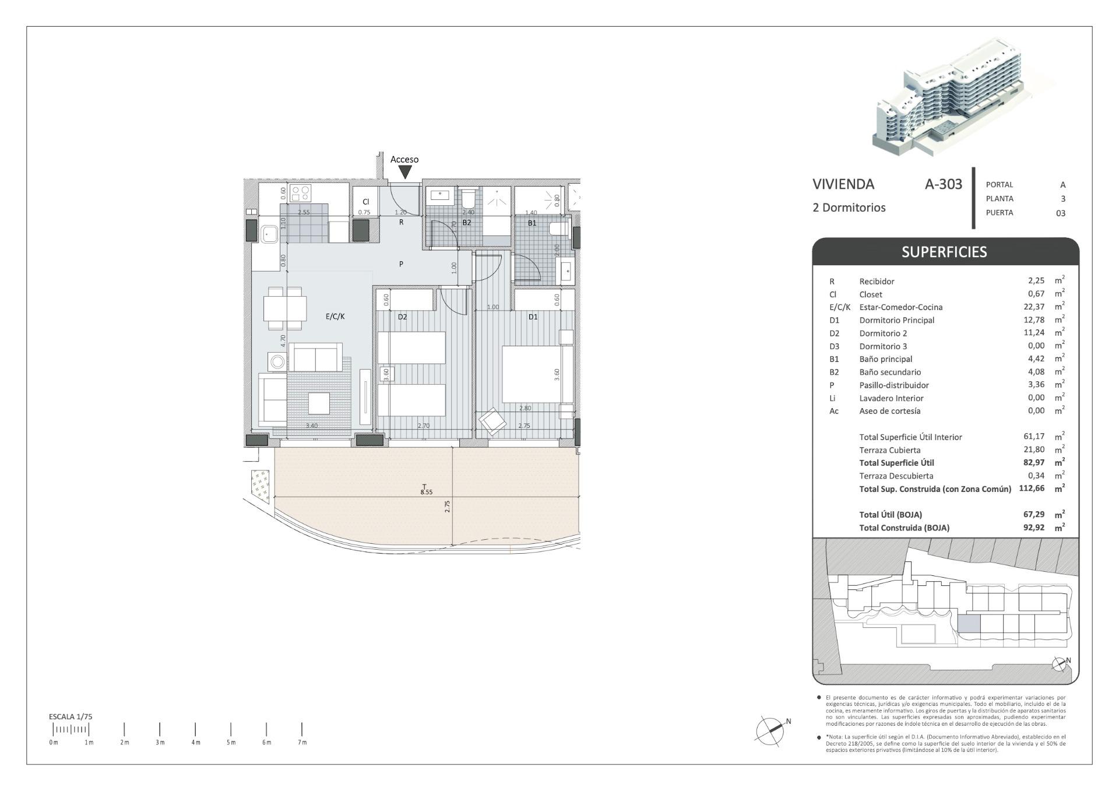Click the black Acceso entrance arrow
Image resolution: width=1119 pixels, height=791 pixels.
pos(405,172)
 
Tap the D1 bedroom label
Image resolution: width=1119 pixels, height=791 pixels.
pos(533,317)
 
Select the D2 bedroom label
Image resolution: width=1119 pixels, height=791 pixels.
pos(402,317)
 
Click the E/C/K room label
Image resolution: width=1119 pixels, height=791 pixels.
pos(335,317)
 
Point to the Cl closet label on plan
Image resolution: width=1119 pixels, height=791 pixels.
pos(365,202)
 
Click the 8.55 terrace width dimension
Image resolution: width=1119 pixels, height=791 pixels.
pos(427,492)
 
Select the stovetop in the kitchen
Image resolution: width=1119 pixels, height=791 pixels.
pos(302,193)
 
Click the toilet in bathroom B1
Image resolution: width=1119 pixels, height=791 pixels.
pos(558,228)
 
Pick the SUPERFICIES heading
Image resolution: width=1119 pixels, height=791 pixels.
pos(944,252)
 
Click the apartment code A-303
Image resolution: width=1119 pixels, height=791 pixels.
pos(944,184)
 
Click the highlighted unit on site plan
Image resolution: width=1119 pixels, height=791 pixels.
pos(969,624)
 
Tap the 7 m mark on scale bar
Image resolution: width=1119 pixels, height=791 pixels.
pos(302,730)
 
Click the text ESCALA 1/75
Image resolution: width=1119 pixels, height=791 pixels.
pos(71,716)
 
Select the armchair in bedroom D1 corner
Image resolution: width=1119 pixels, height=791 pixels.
pos(492,421)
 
